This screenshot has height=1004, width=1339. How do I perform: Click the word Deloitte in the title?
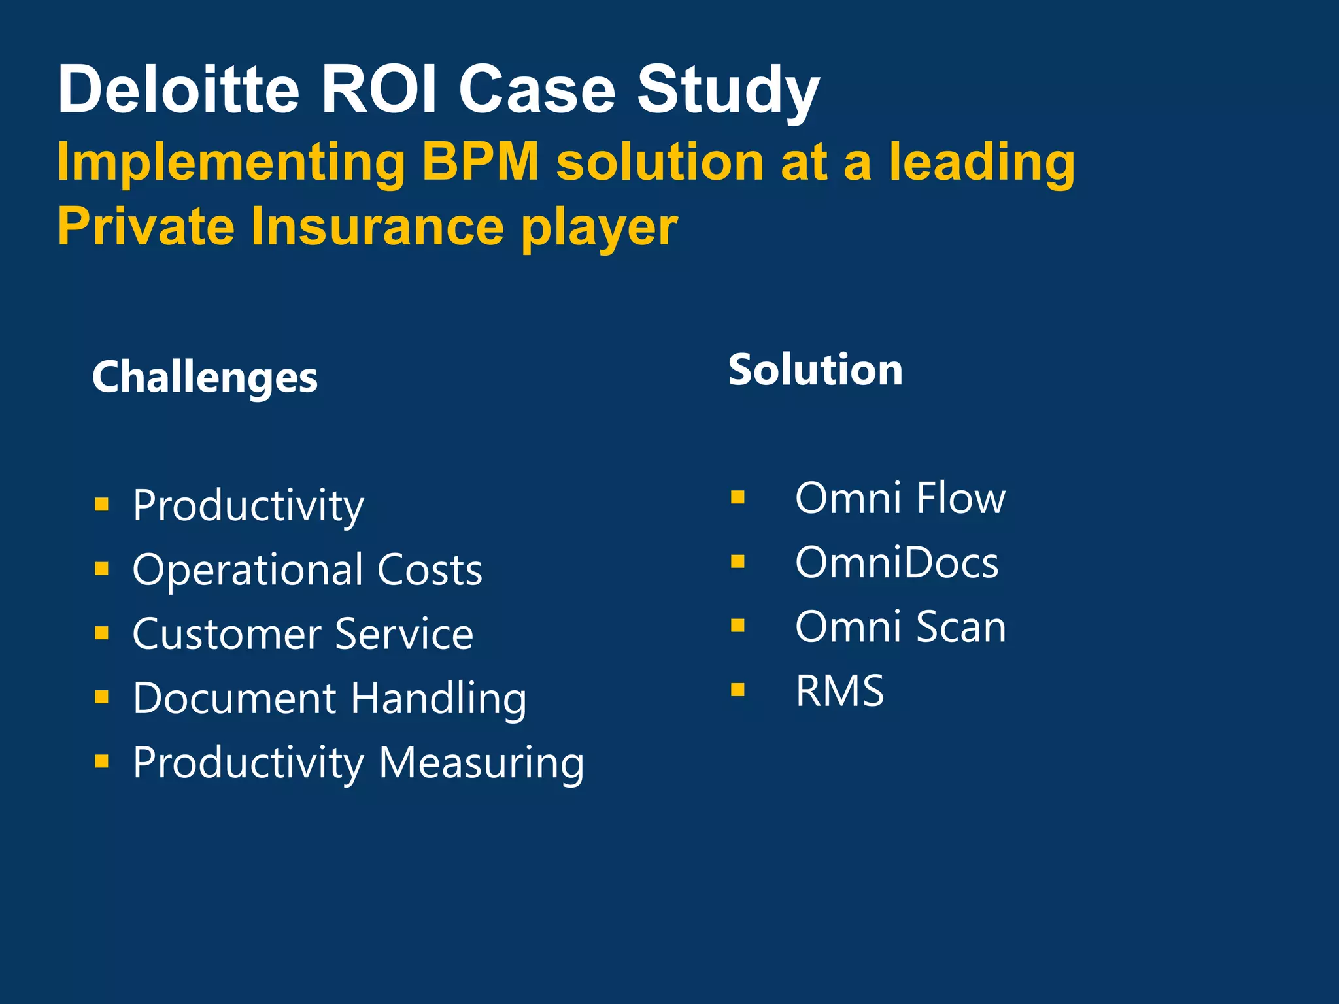click(178, 90)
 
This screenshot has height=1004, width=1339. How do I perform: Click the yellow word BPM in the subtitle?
click(481, 161)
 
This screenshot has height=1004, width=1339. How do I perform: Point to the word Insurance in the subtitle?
click(377, 226)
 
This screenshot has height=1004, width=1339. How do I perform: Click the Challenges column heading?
click(205, 378)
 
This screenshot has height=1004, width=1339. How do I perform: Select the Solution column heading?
click(815, 370)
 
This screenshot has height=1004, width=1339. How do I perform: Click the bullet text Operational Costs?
click(307, 569)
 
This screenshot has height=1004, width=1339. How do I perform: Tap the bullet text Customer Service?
click(303, 633)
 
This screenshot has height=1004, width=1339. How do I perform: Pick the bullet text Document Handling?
click(330, 698)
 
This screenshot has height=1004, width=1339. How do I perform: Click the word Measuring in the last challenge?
click(481, 762)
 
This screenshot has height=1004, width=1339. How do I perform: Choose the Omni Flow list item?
click(900, 498)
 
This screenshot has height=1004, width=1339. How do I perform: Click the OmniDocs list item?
click(896, 562)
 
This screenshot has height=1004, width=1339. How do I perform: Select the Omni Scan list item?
click(900, 626)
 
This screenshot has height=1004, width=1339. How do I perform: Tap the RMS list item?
click(839, 690)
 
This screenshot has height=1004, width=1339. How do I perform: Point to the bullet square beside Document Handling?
click(101, 697)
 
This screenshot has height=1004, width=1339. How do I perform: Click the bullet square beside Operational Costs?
click(101, 569)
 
